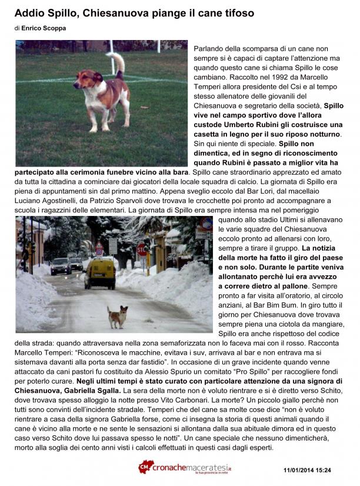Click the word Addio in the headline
coord(29,13)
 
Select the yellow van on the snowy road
coord(99,274)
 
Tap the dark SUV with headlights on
coord(60,266)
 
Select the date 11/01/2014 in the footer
coord(297,470)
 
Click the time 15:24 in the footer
coord(322,470)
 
